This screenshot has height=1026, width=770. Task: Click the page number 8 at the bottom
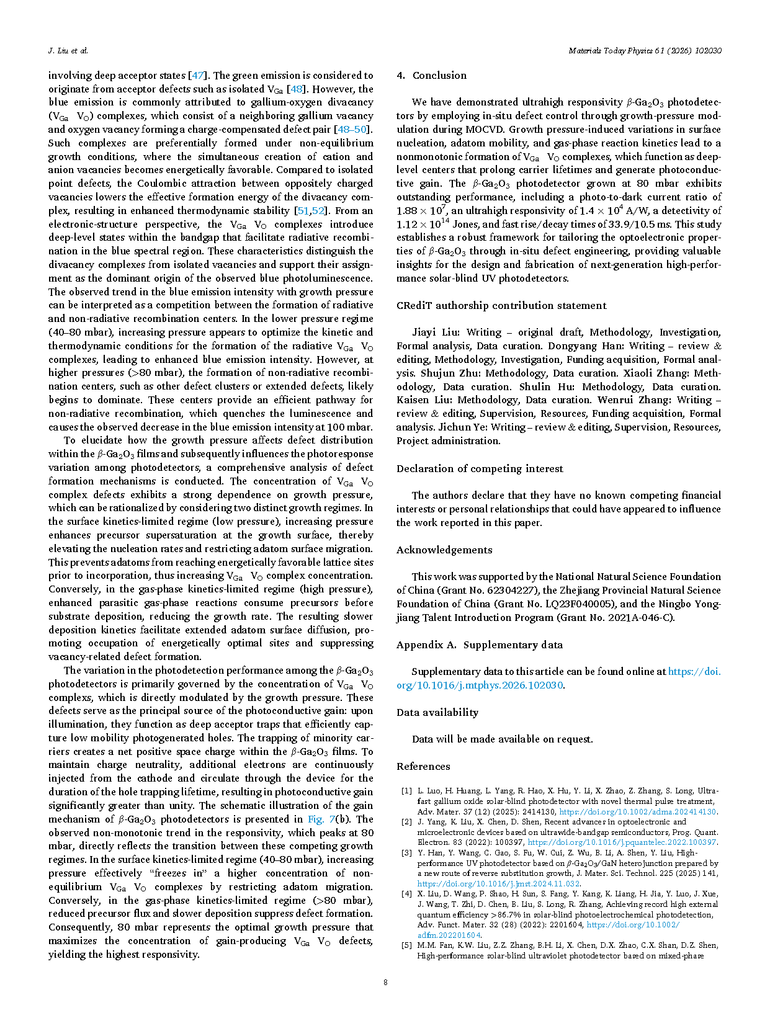[385, 982]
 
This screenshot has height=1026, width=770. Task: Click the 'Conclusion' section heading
[439, 76]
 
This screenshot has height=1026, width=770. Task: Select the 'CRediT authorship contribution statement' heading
[501, 305]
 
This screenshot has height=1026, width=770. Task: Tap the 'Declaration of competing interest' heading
[480, 468]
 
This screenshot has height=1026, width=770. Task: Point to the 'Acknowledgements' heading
[444, 550]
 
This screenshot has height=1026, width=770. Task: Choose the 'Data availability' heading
[437, 712]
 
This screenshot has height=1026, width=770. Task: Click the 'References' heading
[423, 766]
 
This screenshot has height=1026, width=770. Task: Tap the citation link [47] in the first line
[197, 76]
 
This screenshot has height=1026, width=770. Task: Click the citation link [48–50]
[352, 130]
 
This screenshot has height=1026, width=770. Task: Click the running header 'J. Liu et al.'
[68, 51]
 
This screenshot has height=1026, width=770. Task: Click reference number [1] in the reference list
[406, 791]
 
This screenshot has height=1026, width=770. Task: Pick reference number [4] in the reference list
[406, 894]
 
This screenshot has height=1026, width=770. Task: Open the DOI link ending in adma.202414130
[638, 811]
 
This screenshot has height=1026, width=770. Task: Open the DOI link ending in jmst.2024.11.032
[498, 883]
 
